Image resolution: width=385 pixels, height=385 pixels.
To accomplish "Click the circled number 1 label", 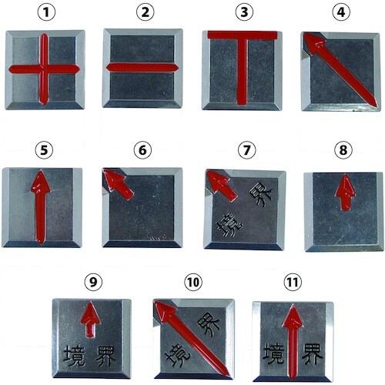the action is click(x=46, y=12).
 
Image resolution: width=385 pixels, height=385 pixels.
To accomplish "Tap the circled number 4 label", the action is click(x=341, y=12).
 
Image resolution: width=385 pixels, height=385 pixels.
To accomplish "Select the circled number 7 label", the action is click(x=246, y=150).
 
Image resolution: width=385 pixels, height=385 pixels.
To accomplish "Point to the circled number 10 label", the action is click(x=193, y=283).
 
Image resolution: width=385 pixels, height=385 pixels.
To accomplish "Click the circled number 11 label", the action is click(x=293, y=283).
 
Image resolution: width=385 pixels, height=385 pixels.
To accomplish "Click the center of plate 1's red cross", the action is click(x=44, y=69).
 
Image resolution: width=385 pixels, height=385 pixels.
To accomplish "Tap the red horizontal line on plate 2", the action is click(x=142, y=68).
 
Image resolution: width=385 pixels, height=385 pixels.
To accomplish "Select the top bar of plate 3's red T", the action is click(x=243, y=35).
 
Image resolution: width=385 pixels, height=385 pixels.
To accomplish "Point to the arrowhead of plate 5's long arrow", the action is click(x=41, y=182).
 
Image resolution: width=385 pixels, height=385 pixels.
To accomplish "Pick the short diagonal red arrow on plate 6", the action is click(x=119, y=184).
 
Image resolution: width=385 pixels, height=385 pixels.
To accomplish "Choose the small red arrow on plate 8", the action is click(x=345, y=192).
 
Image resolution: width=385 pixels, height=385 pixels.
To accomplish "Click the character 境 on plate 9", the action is click(x=74, y=356).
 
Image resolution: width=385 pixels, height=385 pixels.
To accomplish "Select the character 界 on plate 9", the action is click(x=105, y=356).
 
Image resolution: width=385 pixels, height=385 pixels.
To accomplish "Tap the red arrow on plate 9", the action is click(x=90, y=320).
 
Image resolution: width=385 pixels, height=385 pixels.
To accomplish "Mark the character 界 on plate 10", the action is click(x=209, y=325).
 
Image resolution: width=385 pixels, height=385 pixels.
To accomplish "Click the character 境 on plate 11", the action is click(x=273, y=353).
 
